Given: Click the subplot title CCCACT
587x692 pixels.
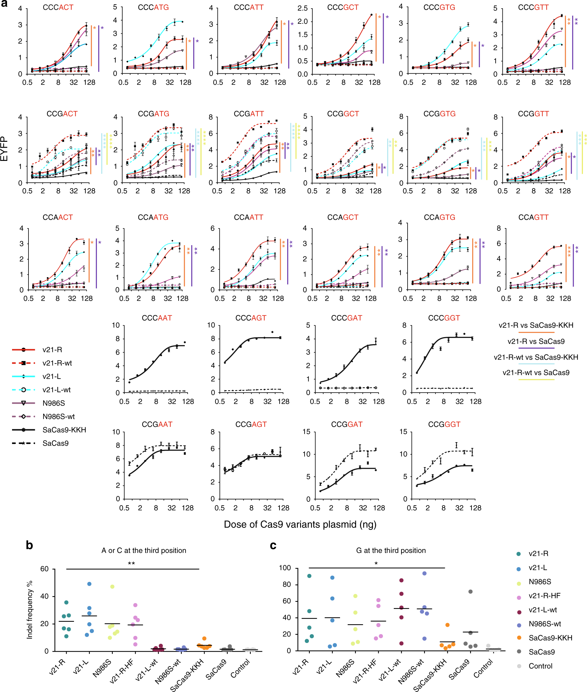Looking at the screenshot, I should pos(58,7).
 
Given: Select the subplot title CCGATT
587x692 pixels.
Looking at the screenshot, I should pos(249,114).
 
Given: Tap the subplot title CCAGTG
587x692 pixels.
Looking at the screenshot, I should pos(439,217).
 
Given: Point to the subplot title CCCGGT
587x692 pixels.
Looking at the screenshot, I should pos(444,318).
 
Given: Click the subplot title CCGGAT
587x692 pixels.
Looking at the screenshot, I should pos(347,424).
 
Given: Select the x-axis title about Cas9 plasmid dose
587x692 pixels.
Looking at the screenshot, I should pos(300,524).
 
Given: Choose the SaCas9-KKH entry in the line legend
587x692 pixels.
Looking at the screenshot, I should pos(64,430).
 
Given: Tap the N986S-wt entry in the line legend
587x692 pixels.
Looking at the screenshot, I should pos(58,417).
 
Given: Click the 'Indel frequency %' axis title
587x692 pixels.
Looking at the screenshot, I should pos(30,610).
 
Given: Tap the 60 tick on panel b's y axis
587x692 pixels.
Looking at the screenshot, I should pos(45,569).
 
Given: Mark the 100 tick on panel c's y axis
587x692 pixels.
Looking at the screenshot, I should pos(285,568).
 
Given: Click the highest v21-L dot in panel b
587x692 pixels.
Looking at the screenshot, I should pos(89,584).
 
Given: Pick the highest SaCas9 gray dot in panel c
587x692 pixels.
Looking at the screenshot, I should pos(470,592).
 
